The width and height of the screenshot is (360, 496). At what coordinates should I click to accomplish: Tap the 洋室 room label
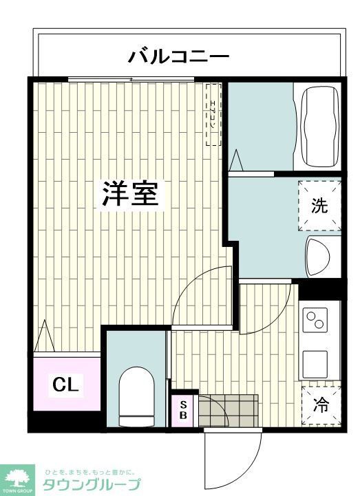pyautogui.click(x=130, y=195)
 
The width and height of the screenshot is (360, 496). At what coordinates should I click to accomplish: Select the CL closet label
pyautogui.click(x=66, y=385)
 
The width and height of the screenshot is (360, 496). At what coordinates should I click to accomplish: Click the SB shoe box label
pyautogui.click(x=184, y=410)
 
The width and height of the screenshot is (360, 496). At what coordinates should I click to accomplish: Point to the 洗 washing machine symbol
pyautogui.click(x=319, y=205)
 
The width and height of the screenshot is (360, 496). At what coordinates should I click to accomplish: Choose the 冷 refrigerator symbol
pyautogui.click(x=321, y=405)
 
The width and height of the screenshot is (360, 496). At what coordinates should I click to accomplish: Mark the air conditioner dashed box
pyautogui.click(x=213, y=114)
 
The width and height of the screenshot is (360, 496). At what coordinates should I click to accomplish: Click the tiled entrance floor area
pyautogui.click(x=227, y=410)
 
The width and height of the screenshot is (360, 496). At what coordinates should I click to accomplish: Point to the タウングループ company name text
pyautogui.click(x=91, y=484)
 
